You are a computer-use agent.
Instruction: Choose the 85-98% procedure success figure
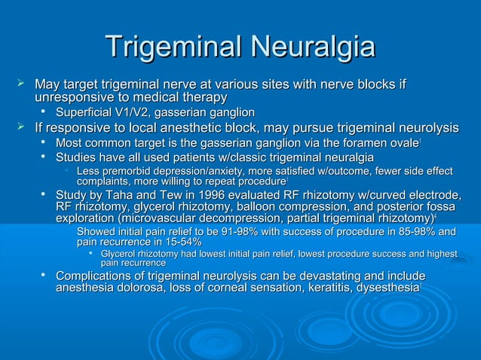413,230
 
